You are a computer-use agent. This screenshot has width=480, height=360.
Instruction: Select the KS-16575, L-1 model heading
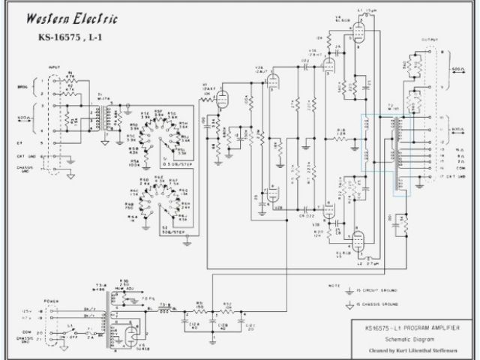click(x=71, y=37)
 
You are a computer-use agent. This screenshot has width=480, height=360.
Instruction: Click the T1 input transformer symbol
click(x=110, y=116)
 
